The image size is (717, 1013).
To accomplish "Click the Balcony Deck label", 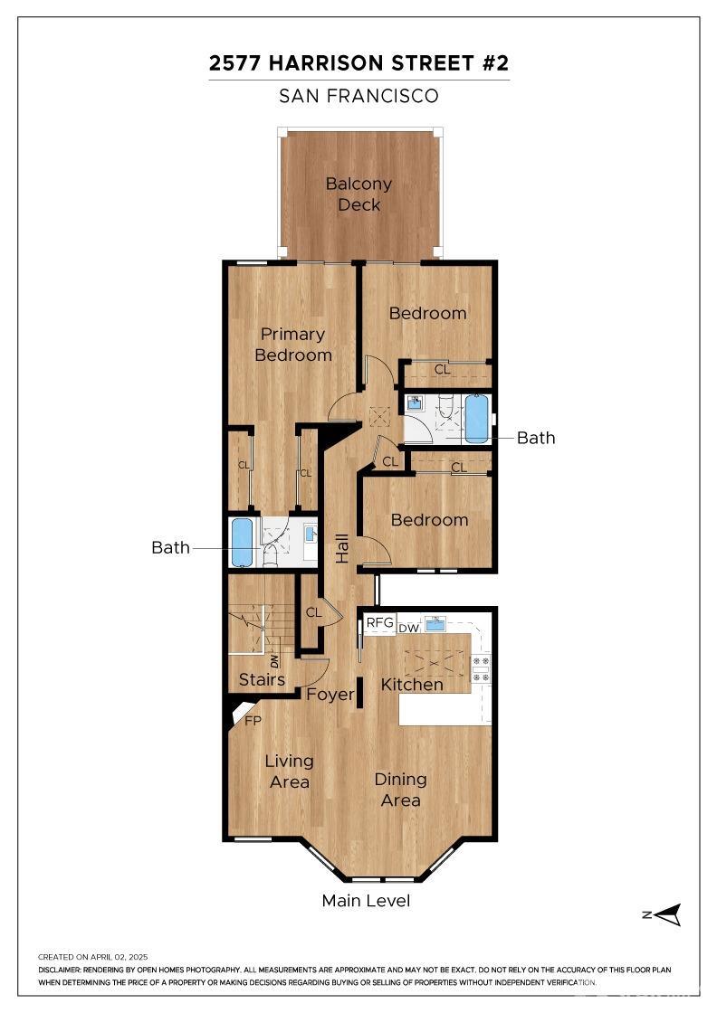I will click(x=359, y=194).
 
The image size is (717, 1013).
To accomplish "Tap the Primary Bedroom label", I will click(x=292, y=345).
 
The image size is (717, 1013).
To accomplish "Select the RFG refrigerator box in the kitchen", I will click(x=379, y=622).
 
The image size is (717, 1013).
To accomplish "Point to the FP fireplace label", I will click(x=253, y=721).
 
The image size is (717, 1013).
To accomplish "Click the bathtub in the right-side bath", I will click(x=476, y=418).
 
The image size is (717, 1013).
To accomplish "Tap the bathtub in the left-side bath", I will click(x=242, y=541).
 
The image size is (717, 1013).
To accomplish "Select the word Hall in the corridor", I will click(x=342, y=546).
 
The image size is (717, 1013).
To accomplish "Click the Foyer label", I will click(x=330, y=695).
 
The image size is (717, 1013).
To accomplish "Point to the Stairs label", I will click(x=262, y=679).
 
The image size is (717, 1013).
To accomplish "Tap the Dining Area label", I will click(x=400, y=790).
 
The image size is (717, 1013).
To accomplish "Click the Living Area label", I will click(x=290, y=771).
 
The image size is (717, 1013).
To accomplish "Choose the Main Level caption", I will click(x=366, y=901).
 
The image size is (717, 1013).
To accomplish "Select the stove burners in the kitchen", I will click(x=483, y=667).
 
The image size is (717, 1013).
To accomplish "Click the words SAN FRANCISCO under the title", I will click(x=358, y=96).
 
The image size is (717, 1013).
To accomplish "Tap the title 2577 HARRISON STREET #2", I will click(x=358, y=63).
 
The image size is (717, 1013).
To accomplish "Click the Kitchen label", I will click(x=412, y=684).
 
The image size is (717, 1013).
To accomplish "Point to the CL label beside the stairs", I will click(x=313, y=612).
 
